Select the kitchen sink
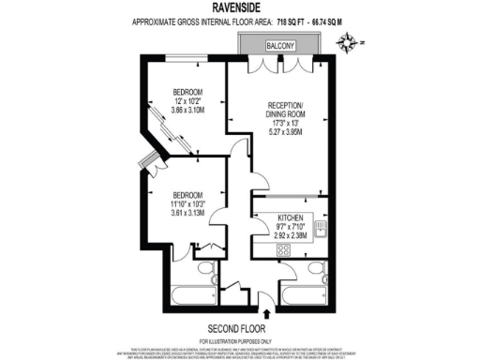tap(322, 226)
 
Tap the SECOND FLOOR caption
tap(239, 328)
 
